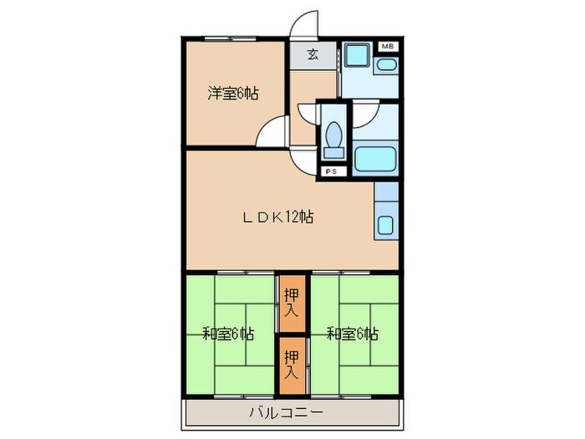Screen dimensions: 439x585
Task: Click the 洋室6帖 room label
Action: (x=232, y=94)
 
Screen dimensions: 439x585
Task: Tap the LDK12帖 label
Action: (x=278, y=217)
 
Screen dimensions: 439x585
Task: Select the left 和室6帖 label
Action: (x=227, y=334)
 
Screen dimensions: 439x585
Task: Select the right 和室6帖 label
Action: (x=352, y=334)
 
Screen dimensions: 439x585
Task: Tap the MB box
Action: (x=388, y=47)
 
